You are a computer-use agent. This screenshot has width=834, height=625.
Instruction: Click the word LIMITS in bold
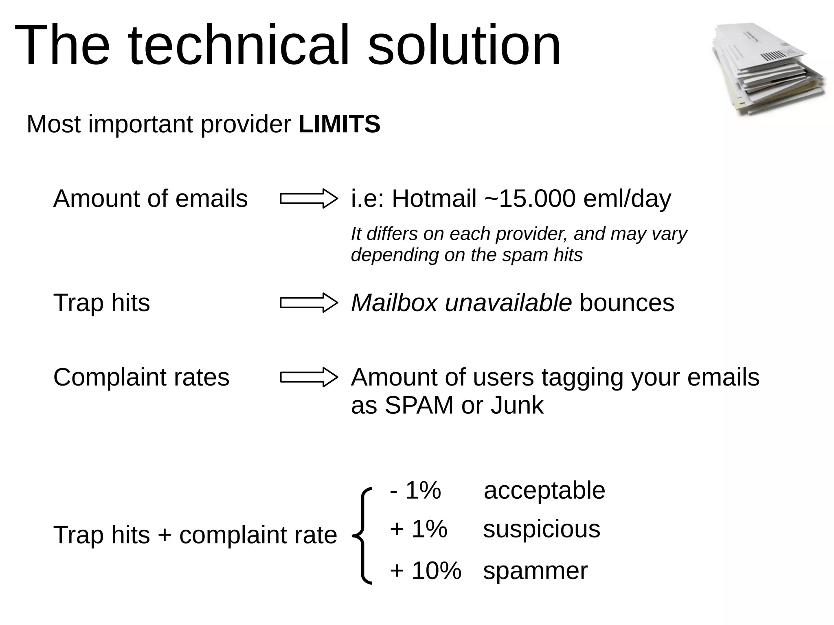click(339, 124)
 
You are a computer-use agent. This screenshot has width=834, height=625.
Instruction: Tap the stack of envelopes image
click(769, 69)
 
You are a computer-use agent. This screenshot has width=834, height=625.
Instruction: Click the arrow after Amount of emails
click(309, 199)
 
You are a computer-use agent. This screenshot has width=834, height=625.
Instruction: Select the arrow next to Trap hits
click(309, 303)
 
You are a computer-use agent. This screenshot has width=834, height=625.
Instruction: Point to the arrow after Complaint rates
click(309, 377)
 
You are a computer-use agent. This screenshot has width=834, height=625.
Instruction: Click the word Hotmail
click(434, 199)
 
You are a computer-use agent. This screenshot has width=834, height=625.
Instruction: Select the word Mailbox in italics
click(394, 303)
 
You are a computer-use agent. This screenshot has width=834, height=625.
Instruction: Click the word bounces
click(627, 303)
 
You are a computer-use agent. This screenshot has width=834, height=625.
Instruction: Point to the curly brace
click(363, 535)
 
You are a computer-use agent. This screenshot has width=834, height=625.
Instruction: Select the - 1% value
click(415, 490)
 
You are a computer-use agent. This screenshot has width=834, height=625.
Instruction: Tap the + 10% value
click(426, 570)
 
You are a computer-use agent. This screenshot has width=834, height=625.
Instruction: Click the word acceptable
click(544, 490)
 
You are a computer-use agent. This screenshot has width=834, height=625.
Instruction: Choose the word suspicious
click(542, 529)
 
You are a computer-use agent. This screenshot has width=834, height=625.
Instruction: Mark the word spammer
click(535, 570)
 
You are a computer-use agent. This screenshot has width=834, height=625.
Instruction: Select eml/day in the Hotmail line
click(627, 199)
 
